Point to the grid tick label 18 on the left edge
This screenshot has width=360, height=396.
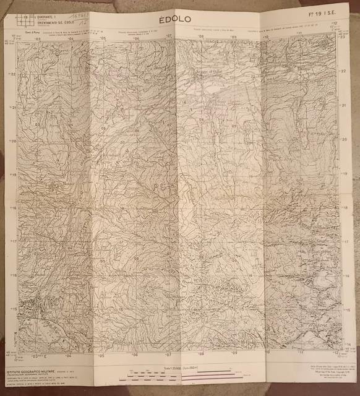click(14, 209)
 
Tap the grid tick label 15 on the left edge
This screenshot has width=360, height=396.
click(14, 309)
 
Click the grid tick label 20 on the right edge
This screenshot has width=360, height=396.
click(347, 139)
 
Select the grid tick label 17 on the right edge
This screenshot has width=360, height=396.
click(347, 241)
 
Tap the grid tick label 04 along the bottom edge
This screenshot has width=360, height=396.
click(69, 357)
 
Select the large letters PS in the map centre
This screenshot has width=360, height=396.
click(165, 186)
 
